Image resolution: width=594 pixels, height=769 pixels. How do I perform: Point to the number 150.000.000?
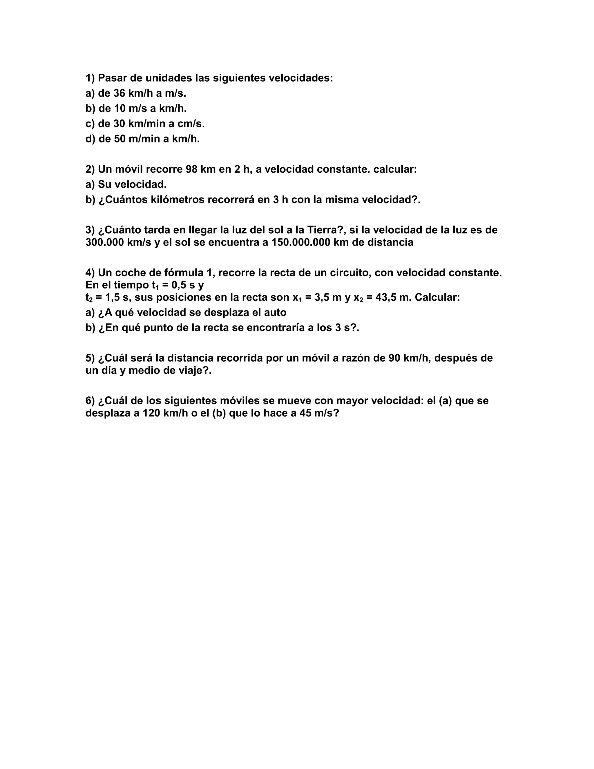[x=300, y=242]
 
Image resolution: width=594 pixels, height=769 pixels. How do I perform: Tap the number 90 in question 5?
[x=394, y=358]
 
